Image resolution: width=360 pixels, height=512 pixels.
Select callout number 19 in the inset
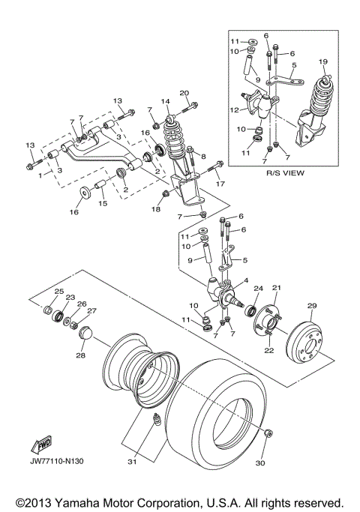coord(323,61)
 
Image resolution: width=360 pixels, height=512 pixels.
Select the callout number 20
coord(183,93)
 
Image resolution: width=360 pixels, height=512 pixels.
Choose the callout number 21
coord(275,288)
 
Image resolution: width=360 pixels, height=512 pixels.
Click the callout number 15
coord(103,203)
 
